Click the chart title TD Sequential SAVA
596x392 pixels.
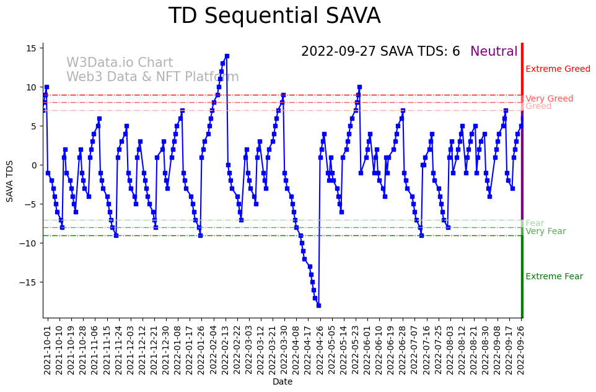click(x=274, y=16)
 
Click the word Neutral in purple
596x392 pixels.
click(x=494, y=51)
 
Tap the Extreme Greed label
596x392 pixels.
click(x=558, y=69)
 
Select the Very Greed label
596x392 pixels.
click(x=549, y=98)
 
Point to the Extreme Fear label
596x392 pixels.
click(x=554, y=276)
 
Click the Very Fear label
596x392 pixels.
click(x=545, y=231)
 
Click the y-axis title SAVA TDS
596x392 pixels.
click(x=10, y=181)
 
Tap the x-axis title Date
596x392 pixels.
click(x=283, y=381)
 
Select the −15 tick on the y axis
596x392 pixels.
click(x=30, y=282)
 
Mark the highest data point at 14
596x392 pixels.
click(x=227, y=56)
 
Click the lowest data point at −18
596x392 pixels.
click(x=318, y=305)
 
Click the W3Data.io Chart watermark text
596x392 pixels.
click(x=120, y=63)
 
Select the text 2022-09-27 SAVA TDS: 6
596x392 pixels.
click(x=380, y=51)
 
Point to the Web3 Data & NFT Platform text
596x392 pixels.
click(x=152, y=77)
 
